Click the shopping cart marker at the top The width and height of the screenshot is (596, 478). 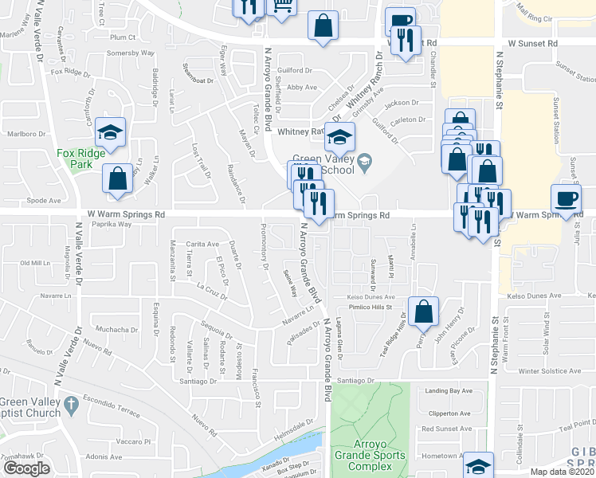coord(282,6)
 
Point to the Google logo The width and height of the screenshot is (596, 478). coord(26,468)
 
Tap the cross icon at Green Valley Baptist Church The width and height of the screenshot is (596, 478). coord(71,404)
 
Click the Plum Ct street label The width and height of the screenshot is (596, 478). coord(123,37)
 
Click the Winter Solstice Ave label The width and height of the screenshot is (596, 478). coord(550,371)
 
